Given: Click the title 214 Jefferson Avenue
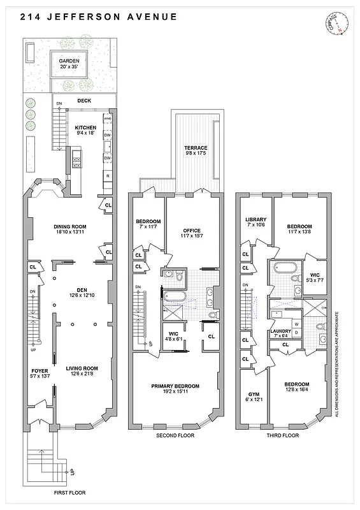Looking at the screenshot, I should click(99, 17).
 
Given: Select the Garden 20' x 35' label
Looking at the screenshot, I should click(69, 65).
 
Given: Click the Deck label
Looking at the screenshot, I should click(84, 101).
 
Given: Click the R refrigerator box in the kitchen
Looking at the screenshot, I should click(108, 175).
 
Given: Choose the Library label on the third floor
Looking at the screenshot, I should click(256, 223).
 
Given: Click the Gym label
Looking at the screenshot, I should click(253, 397).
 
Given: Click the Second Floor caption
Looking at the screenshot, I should click(175, 436).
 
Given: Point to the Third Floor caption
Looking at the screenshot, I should click(282, 436).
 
